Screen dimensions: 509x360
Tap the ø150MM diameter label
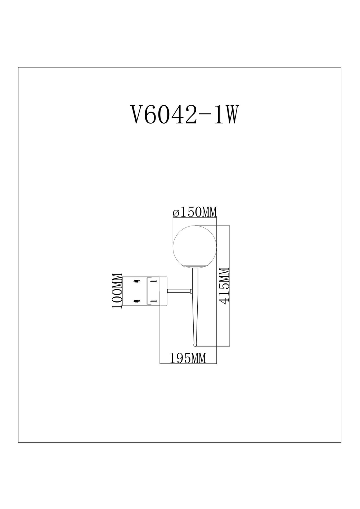tap(195, 213)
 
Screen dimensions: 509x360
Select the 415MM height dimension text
tap(224, 286)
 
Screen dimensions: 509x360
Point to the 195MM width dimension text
tap(188, 358)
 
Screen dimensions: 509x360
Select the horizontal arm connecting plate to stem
tap(180, 291)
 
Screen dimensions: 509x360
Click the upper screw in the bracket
tap(154, 281)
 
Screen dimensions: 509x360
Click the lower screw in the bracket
tap(154, 301)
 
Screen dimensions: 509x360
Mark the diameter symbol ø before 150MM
tap(176, 213)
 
